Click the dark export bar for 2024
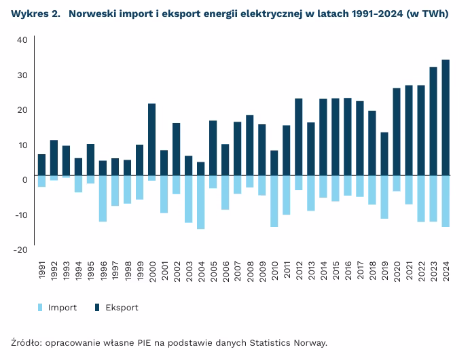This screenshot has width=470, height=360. click(446, 118)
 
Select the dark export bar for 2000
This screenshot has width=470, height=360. click(151, 139)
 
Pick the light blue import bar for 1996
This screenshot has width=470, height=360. click(103, 198)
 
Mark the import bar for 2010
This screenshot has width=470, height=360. click(274, 201)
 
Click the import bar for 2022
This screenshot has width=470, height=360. click(421, 198)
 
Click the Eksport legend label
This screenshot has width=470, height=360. click(122, 308)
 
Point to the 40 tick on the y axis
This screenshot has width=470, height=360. click(21, 40)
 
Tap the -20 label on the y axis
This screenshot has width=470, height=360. click(20, 250)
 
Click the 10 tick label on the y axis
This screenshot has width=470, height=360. click(22, 145)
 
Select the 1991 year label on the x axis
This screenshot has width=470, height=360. click(42, 269)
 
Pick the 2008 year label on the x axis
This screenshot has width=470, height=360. click(250, 269)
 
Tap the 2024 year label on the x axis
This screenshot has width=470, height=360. click(446, 269)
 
